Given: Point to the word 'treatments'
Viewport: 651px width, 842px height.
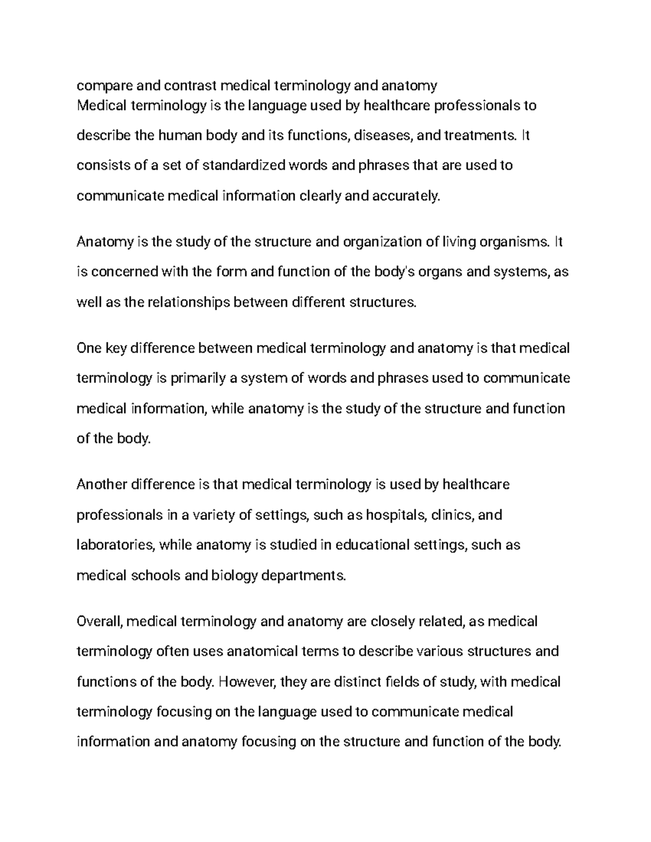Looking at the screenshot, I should [x=480, y=135].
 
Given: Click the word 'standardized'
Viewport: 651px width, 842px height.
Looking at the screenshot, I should [x=243, y=165].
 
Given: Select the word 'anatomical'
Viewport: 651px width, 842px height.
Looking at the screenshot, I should [x=262, y=651].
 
